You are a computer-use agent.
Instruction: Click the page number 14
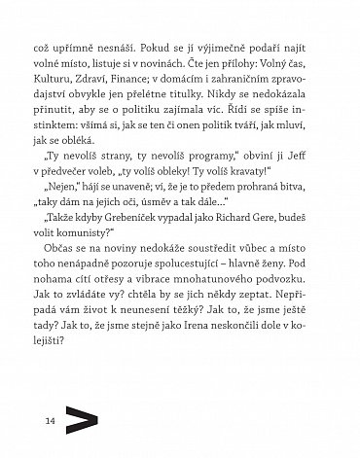point(21,418)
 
